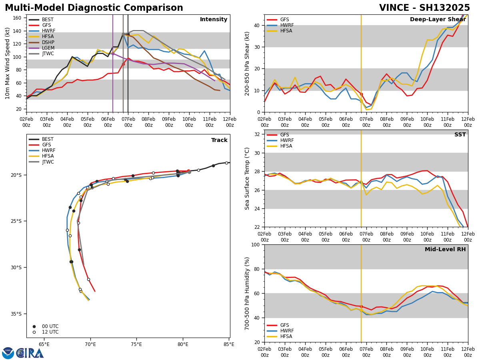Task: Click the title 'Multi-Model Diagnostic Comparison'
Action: (x=94, y=8)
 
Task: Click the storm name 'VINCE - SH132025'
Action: (x=424, y=8)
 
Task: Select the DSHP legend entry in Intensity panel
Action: (x=48, y=42)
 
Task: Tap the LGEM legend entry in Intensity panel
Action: (x=48, y=48)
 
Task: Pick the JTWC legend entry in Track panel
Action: (x=48, y=162)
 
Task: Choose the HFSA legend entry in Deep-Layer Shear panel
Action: (x=286, y=31)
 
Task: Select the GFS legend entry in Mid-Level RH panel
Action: (x=285, y=325)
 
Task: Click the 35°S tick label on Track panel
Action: (x=16, y=314)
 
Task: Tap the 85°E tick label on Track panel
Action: (x=229, y=344)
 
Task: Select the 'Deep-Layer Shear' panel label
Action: (x=438, y=20)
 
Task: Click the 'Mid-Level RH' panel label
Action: (x=445, y=250)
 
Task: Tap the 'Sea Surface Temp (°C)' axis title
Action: (x=248, y=178)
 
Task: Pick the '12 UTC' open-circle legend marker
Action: (x=34, y=332)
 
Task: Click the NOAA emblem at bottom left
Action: (x=8, y=353)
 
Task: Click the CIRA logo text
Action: (x=30, y=353)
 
